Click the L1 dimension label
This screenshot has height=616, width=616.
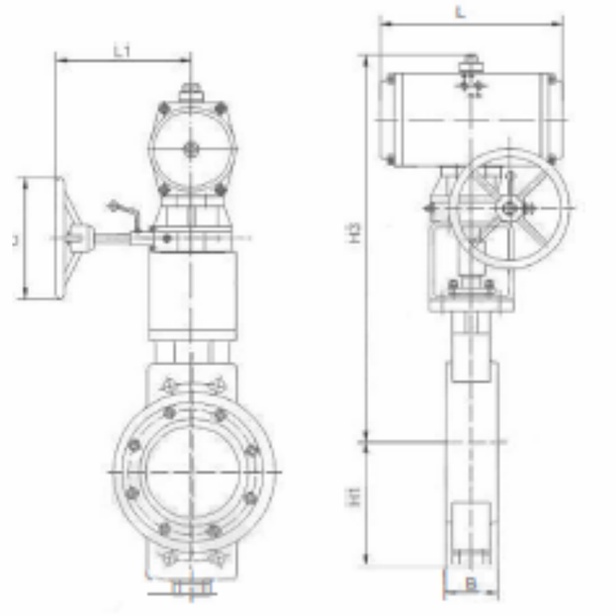(x=122, y=51)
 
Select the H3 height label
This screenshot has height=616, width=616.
(x=355, y=234)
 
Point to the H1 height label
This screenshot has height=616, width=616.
(x=355, y=496)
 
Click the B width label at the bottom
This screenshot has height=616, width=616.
(x=471, y=584)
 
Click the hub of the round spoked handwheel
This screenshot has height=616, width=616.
(x=511, y=209)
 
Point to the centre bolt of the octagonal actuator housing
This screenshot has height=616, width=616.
(x=191, y=149)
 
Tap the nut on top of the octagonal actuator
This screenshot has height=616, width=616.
(x=191, y=90)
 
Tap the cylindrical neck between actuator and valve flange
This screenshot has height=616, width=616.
(x=191, y=292)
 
